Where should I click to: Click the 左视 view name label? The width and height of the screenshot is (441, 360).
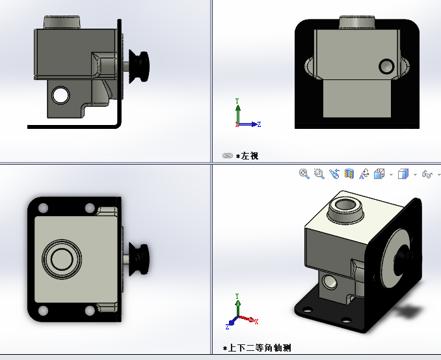pos(250,156)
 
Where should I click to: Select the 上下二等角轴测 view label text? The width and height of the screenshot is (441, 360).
pos(260,348)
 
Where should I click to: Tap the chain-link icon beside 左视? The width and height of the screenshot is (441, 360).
pos(228,156)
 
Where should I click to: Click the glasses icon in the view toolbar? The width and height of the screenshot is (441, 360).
pos(427,174)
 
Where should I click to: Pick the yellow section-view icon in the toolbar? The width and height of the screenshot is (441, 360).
pos(349,174)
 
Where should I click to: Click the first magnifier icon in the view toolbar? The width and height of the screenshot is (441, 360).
pos(304,174)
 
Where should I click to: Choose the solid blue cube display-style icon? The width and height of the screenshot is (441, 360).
pos(403,174)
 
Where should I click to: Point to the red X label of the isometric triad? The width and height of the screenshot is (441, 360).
pos(256,322)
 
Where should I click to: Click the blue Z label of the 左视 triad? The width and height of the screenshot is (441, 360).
pos(259,124)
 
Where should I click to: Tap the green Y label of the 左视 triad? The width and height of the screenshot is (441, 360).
pos(237,101)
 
